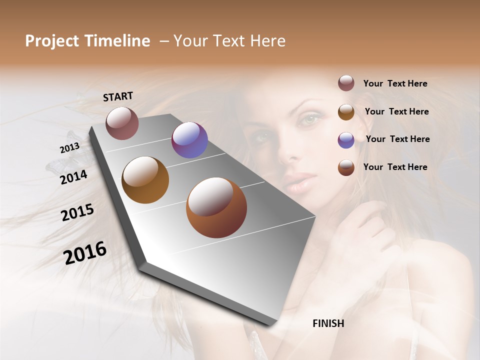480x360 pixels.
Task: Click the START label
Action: pyautogui.click(x=118, y=96)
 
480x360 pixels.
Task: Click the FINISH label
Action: pyautogui.click(x=328, y=323)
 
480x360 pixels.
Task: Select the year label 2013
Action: pyautogui.click(x=69, y=148)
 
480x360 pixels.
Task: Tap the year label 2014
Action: pyautogui.click(x=73, y=177)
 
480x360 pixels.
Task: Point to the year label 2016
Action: pyautogui.click(x=85, y=253)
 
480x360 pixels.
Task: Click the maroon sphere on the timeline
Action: pyautogui.click(x=122, y=123)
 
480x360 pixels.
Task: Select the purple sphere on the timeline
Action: pyautogui.click(x=189, y=140)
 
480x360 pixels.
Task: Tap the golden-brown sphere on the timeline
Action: pyautogui.click(x=145, y=180)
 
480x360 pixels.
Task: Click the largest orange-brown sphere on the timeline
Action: pyautogui.click(x=216, y=207)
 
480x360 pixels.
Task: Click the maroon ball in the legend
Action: pyautogui.click(x=346, y=83)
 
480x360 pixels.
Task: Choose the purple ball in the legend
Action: pyautogui.click(x=346, y=140)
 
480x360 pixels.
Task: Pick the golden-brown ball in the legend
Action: pyautogui.click(x=346, y=112)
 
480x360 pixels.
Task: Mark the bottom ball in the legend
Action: pyautogui.click(x=346, y=167)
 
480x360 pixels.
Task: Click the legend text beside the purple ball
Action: pyautogui.click(x=397, y=139)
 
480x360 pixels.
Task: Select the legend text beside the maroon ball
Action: pyautogui.click(x=395, y=83)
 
